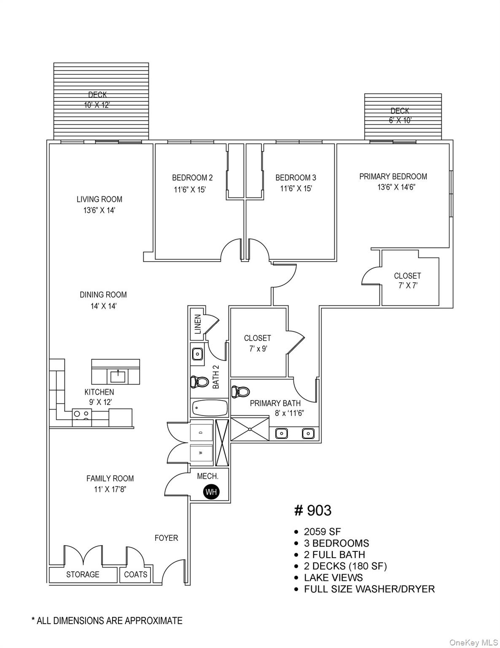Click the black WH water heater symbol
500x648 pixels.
211,492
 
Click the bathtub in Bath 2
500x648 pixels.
210,408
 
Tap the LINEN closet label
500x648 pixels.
197,324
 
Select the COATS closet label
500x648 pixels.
135,575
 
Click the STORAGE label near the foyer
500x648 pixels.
83,575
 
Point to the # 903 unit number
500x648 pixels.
313,510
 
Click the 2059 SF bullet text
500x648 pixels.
322,532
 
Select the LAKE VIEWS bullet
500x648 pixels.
333,578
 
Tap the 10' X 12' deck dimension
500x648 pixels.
97,105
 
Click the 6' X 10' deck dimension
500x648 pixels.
400,120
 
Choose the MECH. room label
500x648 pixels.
208,476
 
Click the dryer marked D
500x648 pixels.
201,432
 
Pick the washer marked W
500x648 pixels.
201,453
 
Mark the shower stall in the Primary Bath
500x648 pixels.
250,429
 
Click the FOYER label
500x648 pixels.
166,538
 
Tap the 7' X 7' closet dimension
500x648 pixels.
407,286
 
